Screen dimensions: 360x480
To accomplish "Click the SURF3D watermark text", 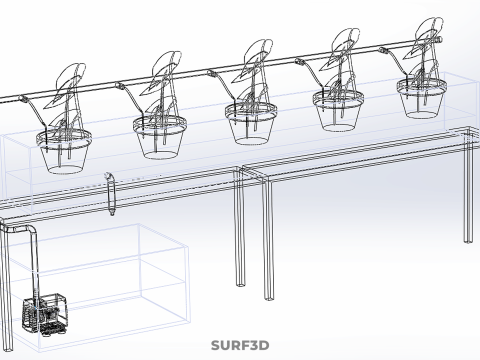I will click(x=240, y=346).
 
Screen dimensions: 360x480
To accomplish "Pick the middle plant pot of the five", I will click(x=250, y=120).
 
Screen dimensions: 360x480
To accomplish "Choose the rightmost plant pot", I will click(x=423, y=98).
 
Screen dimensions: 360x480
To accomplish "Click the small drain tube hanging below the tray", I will click(x=111, y=192).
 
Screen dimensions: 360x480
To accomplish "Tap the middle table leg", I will click(x=267, y=240).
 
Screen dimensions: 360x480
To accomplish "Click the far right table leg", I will click(x=468, y=190).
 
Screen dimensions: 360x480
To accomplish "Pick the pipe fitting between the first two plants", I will click(x=121, y=86).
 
